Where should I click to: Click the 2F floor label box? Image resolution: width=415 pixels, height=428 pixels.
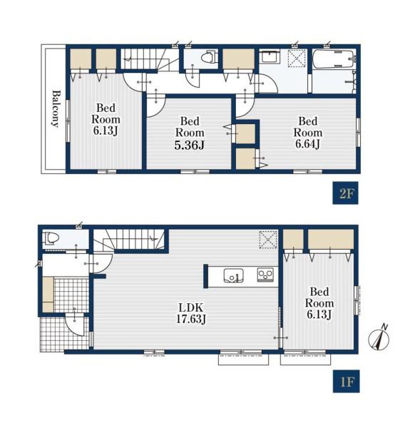pyautogui.click(x=345, y=193)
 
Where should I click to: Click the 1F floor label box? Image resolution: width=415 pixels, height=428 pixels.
pyautogui.click(x=346, y=382)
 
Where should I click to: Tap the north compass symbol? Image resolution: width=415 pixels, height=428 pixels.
pyautogui.click(x=379, y=338)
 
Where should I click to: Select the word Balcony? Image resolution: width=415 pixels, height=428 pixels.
pyautogui.click(x=56, y=108)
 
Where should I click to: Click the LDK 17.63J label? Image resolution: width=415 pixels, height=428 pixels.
pyautogui.click(x=190, y=313)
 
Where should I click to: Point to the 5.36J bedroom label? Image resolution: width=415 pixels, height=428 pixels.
pyautogui.click(x=190, y=133)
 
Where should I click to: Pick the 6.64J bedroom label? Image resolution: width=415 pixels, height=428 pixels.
pyautogui.click(x=308, y=133)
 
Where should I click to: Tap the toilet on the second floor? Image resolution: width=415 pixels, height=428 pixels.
pyautogui.click(x=209, y=57)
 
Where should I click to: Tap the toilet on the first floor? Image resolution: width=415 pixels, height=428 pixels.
pyautogui.click(x=51, y=238)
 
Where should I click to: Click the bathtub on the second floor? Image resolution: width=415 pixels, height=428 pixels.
pyautogui.click(x=334, y=58)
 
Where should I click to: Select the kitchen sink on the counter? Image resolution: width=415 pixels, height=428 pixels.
pyautogui.click(x=234, y=275)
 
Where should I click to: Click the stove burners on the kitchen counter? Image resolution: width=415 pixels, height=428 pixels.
pyautogui.click(x=265, y=275)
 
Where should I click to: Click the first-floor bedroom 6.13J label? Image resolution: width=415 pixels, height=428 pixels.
pyautogui.click(x=319, y=303)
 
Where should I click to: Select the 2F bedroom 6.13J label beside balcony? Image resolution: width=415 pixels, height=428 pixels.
pyautogui.click(x=106, y=119)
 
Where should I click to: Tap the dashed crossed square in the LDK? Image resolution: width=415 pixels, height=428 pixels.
pyautogui.click(x=268, y=240)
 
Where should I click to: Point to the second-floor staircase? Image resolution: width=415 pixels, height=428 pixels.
pyautogui.click(x=149, y=59)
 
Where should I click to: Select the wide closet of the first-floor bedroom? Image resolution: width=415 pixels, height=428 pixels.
pyautogui.click(x=331, y=240)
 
